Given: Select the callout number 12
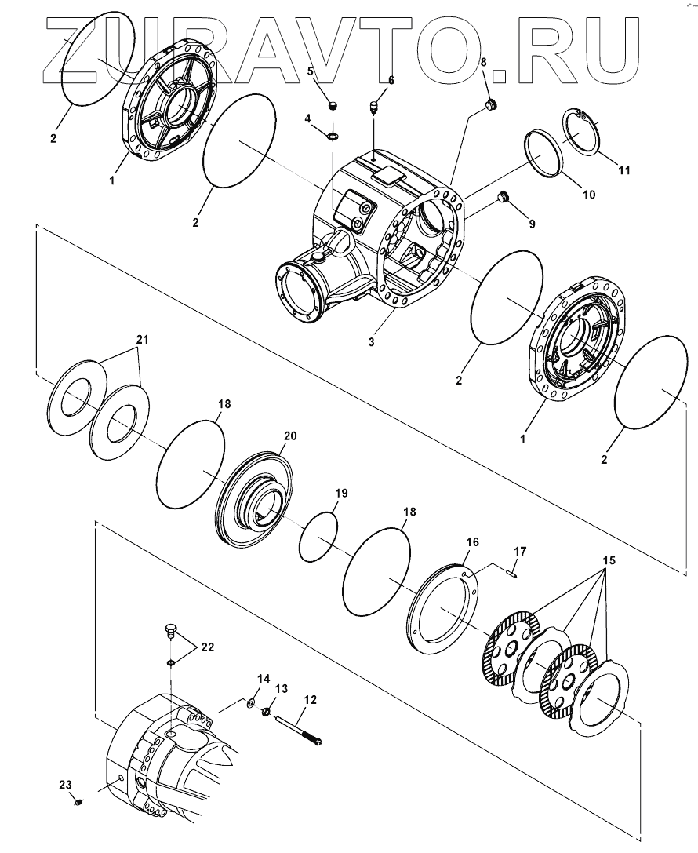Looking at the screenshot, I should click(311, 698).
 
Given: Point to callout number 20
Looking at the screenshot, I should click(290, 436).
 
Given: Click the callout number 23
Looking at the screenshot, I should click(65, 784).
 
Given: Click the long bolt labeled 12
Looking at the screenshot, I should click(303, 727).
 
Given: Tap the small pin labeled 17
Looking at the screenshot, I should click(512, 573).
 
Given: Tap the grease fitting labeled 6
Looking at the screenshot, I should click(376, 104).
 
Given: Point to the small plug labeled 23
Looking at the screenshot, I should click(79, 800).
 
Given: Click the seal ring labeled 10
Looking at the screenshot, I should click(542, 152).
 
